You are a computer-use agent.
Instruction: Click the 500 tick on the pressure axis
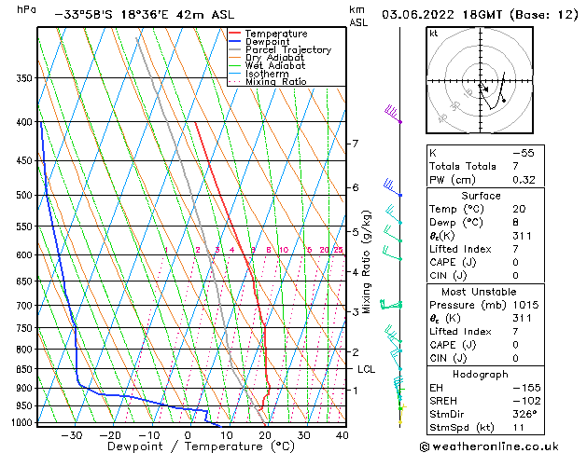point(25,195)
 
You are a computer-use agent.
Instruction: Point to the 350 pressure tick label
point(25,77)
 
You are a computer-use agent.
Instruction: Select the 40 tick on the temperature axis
point(342,434)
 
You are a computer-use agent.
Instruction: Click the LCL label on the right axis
point(366,369)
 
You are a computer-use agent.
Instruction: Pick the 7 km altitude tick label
point(355,144)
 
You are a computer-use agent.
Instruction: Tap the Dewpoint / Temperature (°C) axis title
point(189,446)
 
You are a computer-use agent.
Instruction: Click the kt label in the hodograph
point(434,33)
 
